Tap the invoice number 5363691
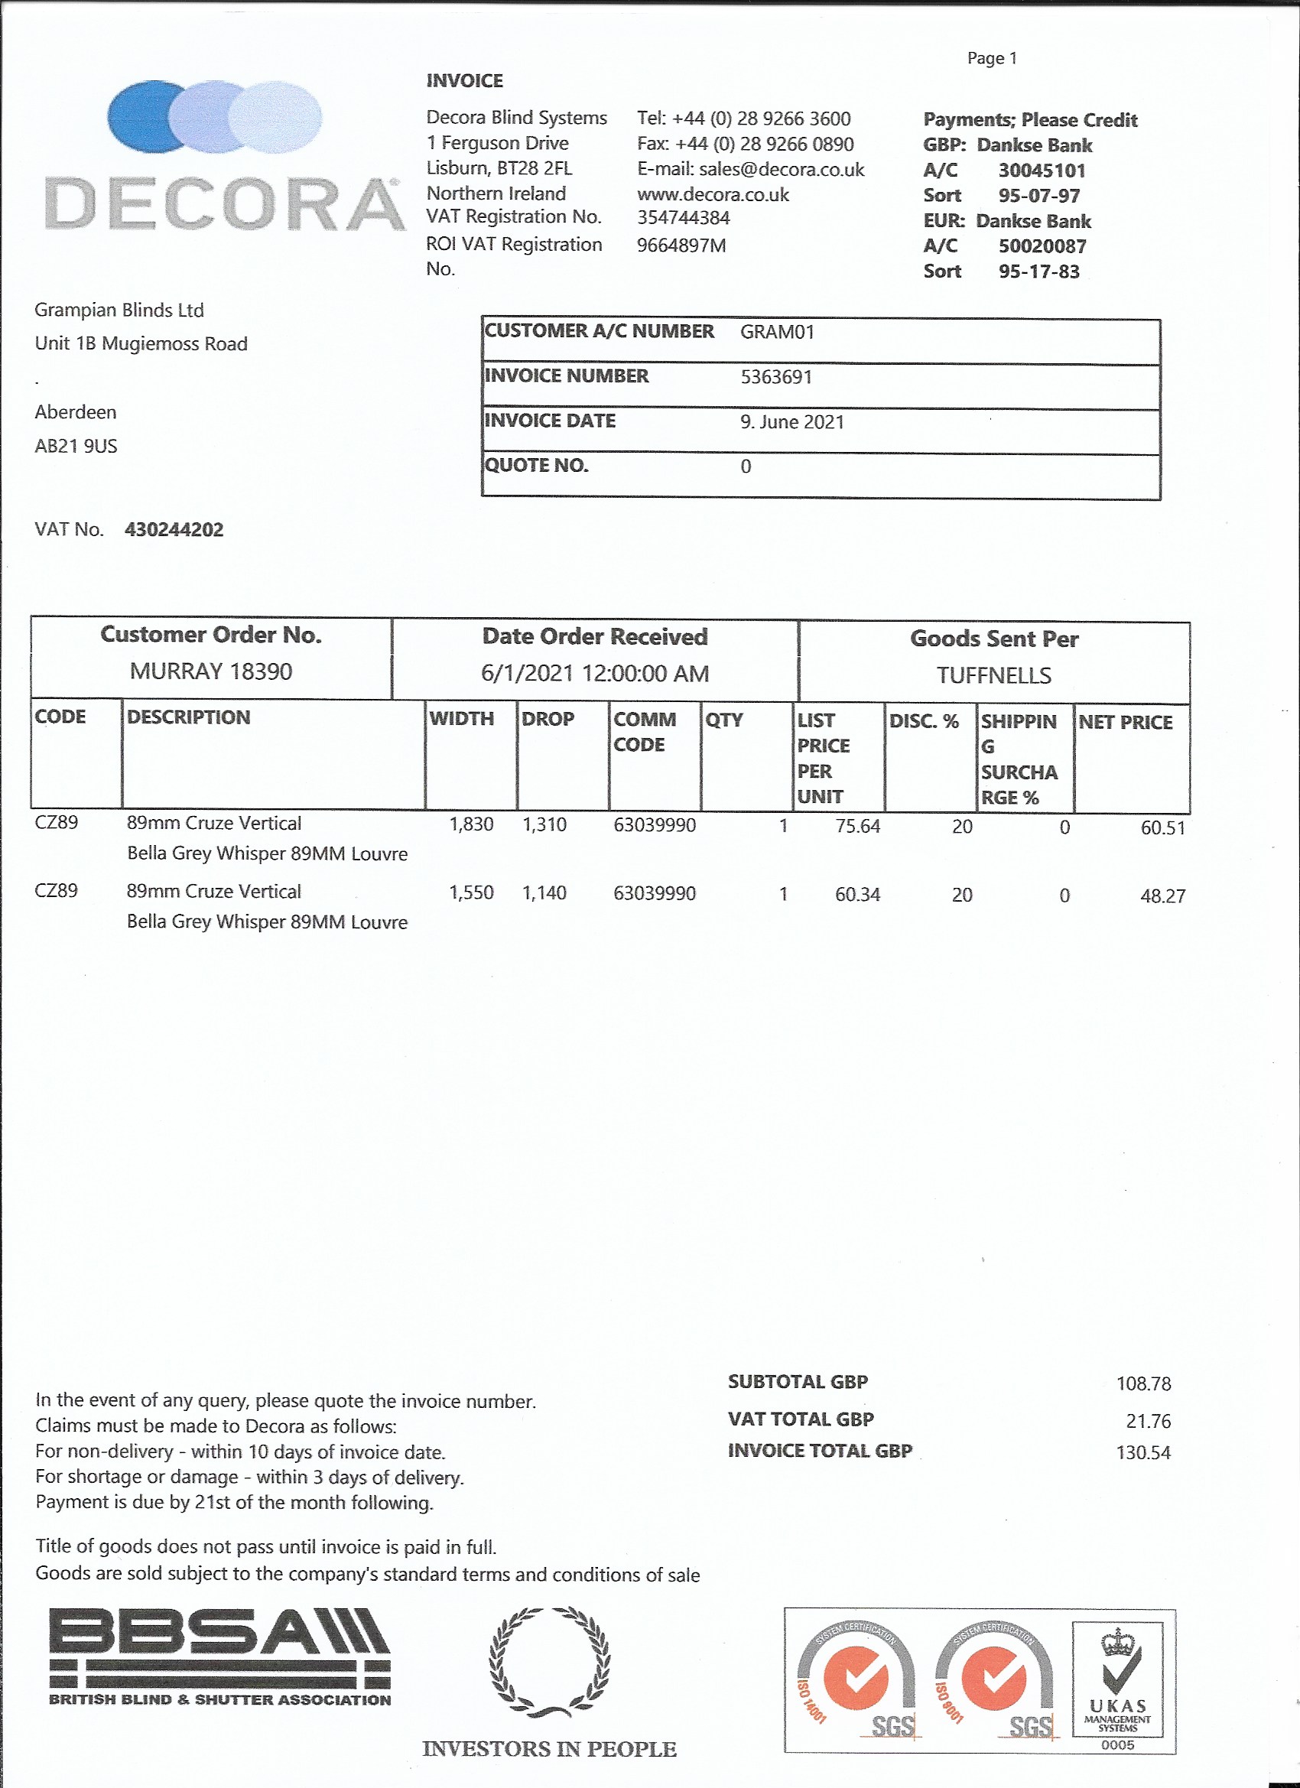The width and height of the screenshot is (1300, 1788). [775, 377]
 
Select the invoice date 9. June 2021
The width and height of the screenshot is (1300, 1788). [791, 422]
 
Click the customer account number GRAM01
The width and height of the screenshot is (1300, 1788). [776, 332]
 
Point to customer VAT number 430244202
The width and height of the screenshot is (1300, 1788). [174, 530]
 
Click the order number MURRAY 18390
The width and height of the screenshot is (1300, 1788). [210, 671]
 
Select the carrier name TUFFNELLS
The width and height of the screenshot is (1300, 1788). [993, 675]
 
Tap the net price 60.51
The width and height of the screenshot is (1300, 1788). [1162, 827]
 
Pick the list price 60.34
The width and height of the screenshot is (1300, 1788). [857, 895]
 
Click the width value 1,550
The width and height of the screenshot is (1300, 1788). [470, 893]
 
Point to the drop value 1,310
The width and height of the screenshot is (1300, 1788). [544, 825]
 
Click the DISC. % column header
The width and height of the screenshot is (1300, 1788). [923, 721]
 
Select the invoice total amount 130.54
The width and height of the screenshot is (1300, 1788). [1142, 1452]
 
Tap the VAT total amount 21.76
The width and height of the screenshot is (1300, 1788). [1148, 1421]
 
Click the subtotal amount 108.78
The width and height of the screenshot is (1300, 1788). [1143, 1383]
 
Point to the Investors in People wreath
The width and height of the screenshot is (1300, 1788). [549, 1663]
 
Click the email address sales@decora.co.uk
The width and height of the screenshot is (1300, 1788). [782, 170]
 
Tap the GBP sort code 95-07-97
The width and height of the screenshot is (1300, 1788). [1038, 196]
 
